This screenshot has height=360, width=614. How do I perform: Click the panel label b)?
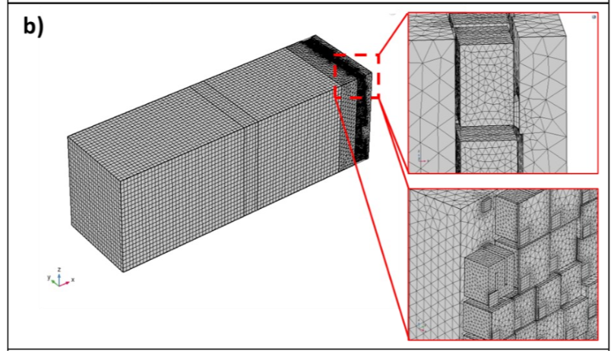coord(33,27)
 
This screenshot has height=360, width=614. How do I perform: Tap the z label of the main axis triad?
coord(59,269)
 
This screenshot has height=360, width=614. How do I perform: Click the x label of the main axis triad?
coord(73,279)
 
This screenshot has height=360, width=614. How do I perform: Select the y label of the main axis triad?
coord(49,277)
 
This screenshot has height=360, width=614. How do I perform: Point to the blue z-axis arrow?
coord(59,279)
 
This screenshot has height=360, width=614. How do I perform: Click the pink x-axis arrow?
coord(65,283)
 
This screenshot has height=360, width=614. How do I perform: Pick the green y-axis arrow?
coord(55,283)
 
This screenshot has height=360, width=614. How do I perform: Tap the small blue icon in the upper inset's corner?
coord(593,17)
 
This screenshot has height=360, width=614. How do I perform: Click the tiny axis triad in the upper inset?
coord(423,157)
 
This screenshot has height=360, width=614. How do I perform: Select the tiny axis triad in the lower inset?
coord(421,327)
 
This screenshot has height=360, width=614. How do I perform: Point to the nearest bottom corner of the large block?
coord(124,272)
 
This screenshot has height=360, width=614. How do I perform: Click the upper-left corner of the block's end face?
coord(68,137)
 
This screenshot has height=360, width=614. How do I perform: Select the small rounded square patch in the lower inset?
coord(485,204)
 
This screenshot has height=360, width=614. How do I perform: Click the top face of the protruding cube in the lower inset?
coord(488,254)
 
